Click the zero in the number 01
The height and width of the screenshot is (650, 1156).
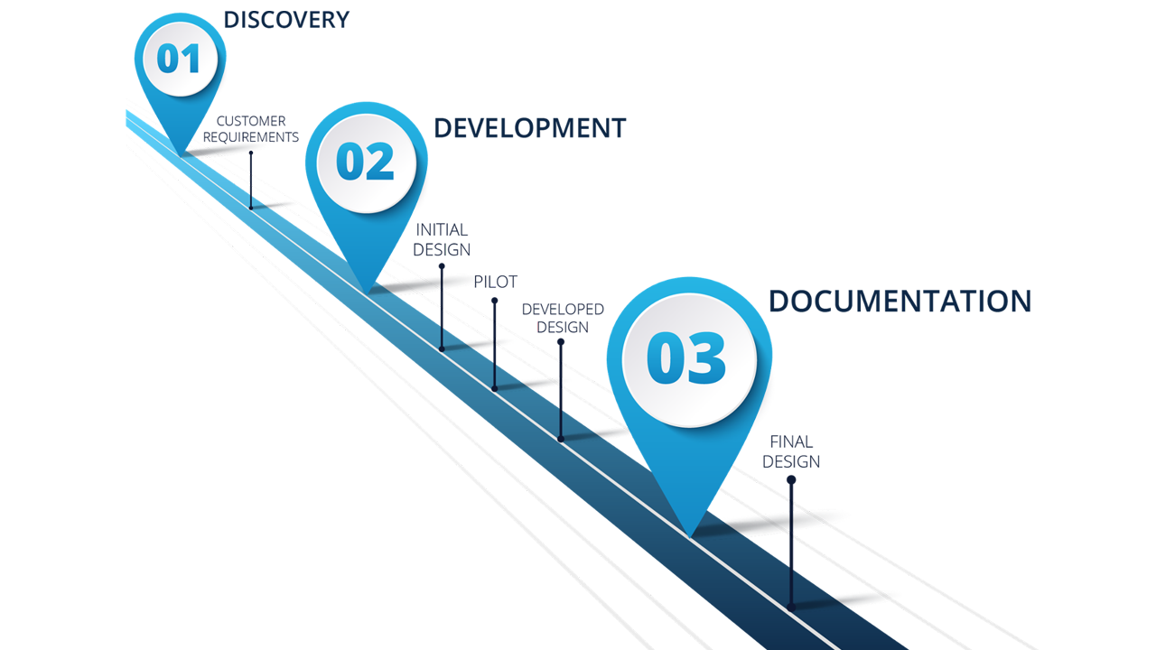click(168, 59)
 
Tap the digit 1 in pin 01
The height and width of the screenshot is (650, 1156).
click(191, 59)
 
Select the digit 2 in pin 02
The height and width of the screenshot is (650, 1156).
click(380, 162)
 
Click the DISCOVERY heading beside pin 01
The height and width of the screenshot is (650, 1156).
click(285, 19)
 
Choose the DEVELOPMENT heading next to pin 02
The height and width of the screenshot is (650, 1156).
click(528, 127)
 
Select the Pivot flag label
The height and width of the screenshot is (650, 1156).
click(493, 281)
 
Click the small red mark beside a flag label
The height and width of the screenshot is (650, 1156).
click(531, 325)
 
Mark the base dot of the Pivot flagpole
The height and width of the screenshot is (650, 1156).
click(495, 388)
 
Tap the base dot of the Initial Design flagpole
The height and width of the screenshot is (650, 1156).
click(442, 348)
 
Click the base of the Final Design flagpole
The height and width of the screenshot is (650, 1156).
click(791, 607)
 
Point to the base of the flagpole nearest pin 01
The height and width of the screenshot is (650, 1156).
click(251, 207)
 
